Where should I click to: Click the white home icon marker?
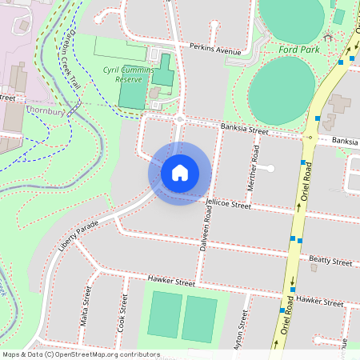coord(179,173)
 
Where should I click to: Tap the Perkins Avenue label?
coord(215,50)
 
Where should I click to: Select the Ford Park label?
coord(299,50)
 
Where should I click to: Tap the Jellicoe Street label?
coord(228,206)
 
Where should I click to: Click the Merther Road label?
coord(255,164)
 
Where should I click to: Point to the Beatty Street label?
coord(330,262)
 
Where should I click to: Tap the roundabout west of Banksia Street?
coord(180,119)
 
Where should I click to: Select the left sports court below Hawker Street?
coord(164,314)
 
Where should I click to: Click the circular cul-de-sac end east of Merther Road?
coord(270,168)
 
